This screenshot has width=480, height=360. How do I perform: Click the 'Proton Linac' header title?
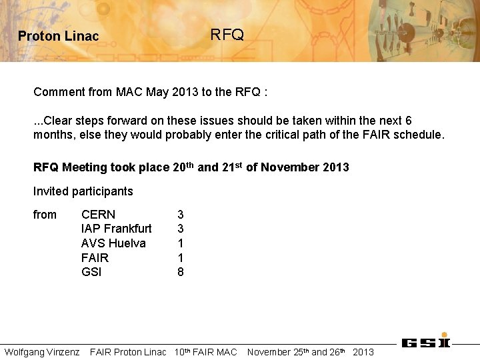pos(58,37)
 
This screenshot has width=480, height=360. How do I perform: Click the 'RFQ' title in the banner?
pos(227,35)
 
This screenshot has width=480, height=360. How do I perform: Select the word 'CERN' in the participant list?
pos(98,215)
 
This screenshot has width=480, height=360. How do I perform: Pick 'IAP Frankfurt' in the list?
pos(116,229)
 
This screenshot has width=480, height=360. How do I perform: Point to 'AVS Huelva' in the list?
pos(113,243)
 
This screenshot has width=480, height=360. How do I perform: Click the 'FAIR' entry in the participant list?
pos(95,258)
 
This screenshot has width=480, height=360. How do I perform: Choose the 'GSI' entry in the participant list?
pos(91,272)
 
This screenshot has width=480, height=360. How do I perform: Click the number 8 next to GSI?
pos(181,272)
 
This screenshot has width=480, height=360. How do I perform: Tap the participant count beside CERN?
pos(181,215)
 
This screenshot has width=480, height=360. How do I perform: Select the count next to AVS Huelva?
pos(181,243)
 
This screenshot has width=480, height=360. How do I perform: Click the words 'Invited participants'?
pos(83,191)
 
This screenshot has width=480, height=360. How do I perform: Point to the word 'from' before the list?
pos(45,215)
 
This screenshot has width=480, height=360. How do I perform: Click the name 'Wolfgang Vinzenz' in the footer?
pos(42,352)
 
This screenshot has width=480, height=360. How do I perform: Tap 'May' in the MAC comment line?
pos(157,92)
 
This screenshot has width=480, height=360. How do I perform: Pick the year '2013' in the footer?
pos(363,352)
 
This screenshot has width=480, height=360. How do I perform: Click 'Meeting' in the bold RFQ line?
pos(84,167)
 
